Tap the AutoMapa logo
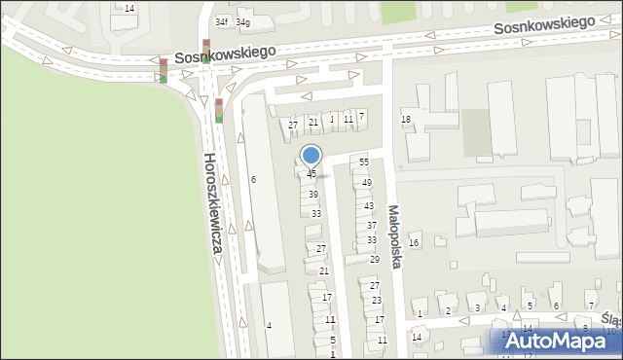pos(560,342)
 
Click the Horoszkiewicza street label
pos(212,204)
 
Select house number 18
pos(406,119)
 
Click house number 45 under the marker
pos(311,174)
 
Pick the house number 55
pos(364,162)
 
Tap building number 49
pos(367,183)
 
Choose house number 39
pos(313,195)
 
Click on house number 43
pos(369,206)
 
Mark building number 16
pos(414,242)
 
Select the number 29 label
pos(374,259)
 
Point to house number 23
pos(376,301)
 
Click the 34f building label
pos(222,21)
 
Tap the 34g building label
pos(242,21)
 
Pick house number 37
pos(372,225)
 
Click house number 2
pos(448,311)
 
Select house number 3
pos(477,308)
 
